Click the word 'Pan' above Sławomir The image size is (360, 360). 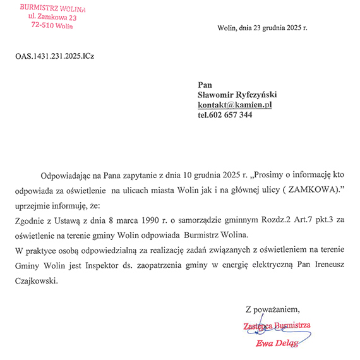coord(205,85)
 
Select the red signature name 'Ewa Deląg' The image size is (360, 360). coord(275,344)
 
